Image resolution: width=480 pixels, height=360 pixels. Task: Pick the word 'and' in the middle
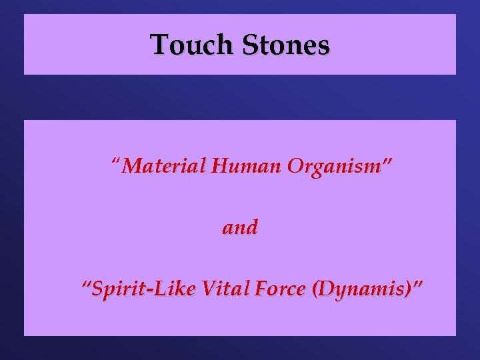[240, 227]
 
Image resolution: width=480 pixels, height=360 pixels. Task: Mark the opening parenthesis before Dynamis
[305, 291]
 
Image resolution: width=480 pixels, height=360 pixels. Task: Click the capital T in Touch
[158, 45]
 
